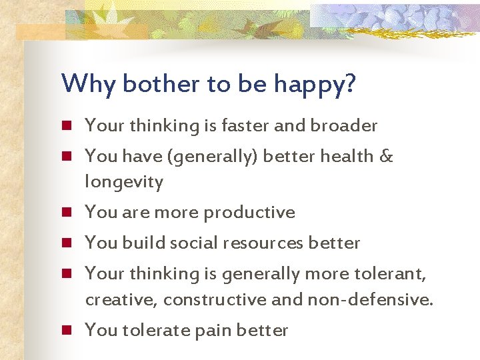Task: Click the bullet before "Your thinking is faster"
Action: pyautogui.click(x=67, y=126)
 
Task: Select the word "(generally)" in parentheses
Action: pyautogui.click(x=215, y=157)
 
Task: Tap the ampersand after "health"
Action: pyautogui.click(x=386, y=156)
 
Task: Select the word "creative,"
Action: pyautogui.click(x=121, y=300)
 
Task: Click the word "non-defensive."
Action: pyautogui.click(x=370, y=300)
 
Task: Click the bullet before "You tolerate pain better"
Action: pyautogui.click(x=67, y=331)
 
